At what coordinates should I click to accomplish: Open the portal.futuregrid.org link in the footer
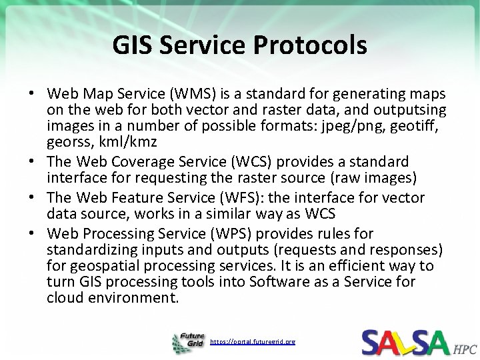click(253, 341)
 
